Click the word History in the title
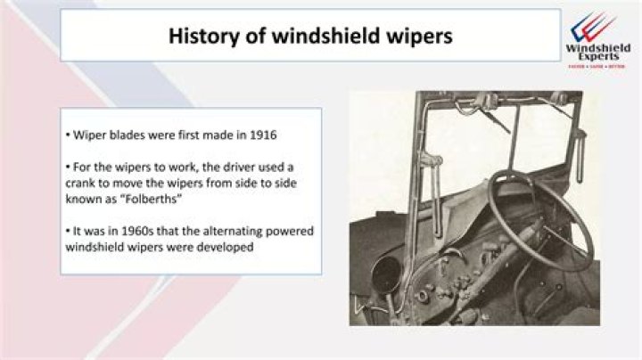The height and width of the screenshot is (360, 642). point(197,37)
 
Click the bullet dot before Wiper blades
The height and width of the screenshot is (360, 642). point(68,136)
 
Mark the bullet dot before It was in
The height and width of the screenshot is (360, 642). point(68,232)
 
